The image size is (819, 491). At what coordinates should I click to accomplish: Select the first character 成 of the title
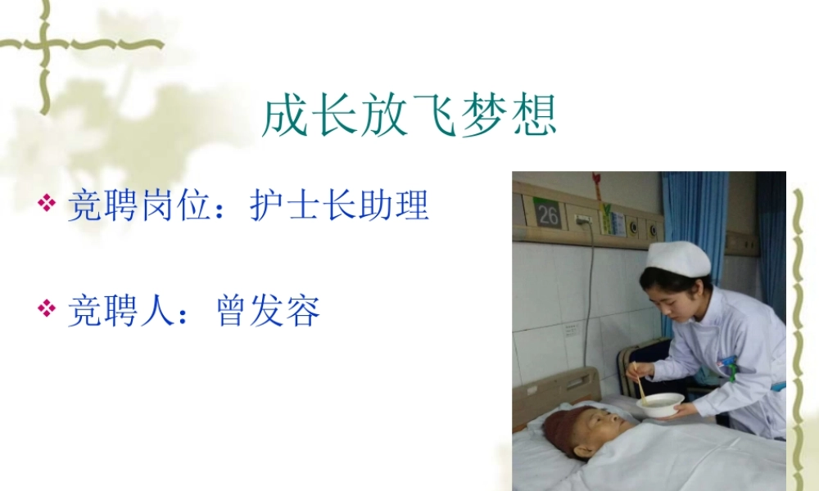286,117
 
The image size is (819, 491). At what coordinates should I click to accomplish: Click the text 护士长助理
339,205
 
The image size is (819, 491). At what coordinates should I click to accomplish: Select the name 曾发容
268,311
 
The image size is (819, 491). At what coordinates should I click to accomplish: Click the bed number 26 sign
546,214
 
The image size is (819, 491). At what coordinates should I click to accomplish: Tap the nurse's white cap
678,259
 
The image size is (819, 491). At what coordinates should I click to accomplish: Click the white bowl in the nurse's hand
660,403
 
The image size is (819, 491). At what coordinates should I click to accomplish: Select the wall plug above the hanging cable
583,220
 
